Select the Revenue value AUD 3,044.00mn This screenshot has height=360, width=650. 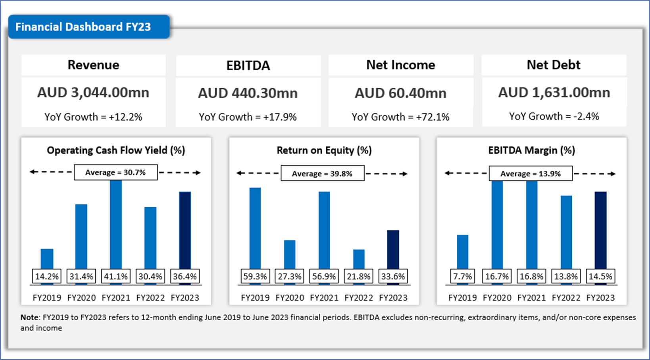93,92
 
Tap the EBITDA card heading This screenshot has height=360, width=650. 248,65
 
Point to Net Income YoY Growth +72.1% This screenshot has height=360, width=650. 400,117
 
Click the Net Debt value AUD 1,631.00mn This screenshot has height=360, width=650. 554,92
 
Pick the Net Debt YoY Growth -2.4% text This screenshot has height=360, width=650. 554,116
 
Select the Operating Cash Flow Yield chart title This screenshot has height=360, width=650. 116,150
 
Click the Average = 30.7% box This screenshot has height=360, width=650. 115,173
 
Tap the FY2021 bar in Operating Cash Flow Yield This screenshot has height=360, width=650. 116,224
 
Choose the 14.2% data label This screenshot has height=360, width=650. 47,277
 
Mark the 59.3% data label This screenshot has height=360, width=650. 255,277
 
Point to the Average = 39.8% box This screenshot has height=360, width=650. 322,174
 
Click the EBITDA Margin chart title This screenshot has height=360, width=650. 531,150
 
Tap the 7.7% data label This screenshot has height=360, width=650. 462,277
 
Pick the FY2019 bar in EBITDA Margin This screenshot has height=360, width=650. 462,252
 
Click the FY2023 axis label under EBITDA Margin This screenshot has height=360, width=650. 600,298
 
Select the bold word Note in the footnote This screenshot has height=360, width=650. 29,318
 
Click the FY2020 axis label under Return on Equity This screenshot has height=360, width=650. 290,298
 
